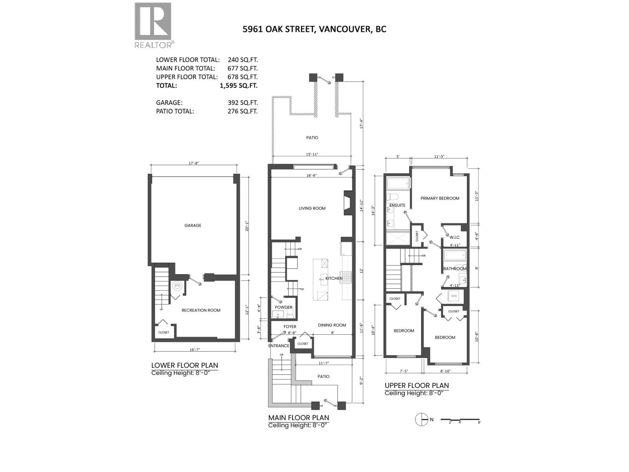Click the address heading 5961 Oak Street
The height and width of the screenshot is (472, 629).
pos(314,29)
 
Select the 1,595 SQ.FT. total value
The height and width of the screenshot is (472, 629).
pos(239,85)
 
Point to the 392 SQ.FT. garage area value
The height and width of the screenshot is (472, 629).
pos(243,103)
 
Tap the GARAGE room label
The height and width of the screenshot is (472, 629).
pos(193,225)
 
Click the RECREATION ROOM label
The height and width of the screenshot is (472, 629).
pos(201,310)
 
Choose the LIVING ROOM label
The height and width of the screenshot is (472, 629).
pos(312,208)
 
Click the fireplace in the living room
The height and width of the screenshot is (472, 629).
pos(348,203)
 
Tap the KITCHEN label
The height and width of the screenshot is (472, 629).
pos(334,278)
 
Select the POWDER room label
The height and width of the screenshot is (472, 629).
pos(283,307)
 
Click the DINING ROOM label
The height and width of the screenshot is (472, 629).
pos(332,325)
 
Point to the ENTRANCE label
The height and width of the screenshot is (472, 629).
pos(279,346)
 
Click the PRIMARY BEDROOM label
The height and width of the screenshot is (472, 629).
pos(440,198)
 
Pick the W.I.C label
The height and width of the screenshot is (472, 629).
pos(455,237)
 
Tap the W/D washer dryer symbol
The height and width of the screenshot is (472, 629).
pos(454,296)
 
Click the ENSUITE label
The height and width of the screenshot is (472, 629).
pos(397,205)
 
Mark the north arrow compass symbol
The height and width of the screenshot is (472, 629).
pos(422,420)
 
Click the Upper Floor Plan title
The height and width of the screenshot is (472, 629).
pos(416,385)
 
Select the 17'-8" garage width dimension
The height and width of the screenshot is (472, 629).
pos(193,163)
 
